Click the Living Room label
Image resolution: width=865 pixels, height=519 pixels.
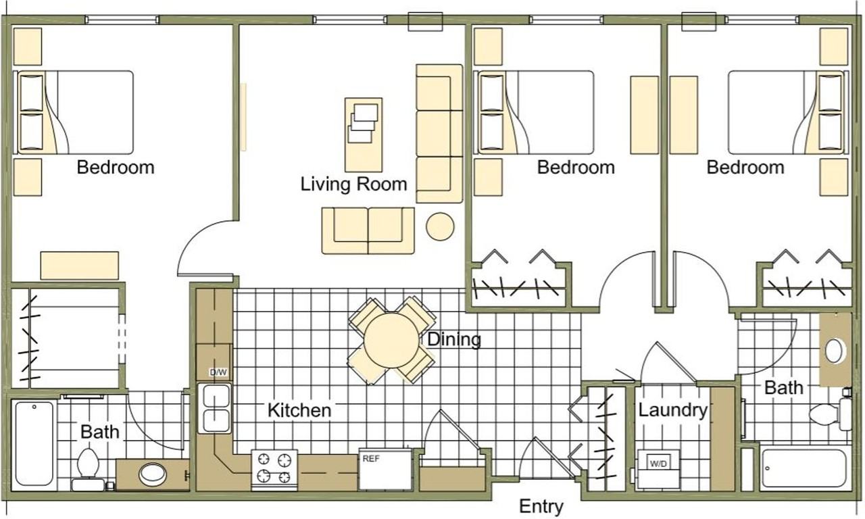point(353,184)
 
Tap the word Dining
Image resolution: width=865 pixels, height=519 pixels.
point(454,339)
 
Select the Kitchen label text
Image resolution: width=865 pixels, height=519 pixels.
point(299,410)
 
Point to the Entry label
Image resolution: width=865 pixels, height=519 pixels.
point(541,506)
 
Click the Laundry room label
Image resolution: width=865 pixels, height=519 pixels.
point(672,410)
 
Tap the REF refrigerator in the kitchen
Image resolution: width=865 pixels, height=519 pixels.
point(385,470)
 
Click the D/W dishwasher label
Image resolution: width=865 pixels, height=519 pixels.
point(218,372)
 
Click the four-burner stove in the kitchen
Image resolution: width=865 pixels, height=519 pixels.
point(274,469)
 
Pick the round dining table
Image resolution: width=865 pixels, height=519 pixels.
point(391,341)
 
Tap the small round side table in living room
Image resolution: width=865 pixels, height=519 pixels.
point(440,226)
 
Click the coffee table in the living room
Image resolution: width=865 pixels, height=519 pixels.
point(364,134)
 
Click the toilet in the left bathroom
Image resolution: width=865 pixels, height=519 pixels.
point(87,469)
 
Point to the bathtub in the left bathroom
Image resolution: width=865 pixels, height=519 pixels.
point(34,443)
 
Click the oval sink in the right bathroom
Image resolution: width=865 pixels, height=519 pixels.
point(833,351)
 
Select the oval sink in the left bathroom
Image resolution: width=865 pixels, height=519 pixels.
point(153,475)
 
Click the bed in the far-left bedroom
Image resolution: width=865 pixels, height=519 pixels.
point(74,112)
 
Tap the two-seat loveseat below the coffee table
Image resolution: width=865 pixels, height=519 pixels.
point(368,231)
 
